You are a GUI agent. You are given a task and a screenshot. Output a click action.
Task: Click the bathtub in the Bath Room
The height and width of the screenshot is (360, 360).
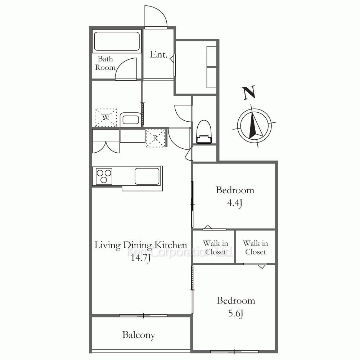click(x=117, y=41)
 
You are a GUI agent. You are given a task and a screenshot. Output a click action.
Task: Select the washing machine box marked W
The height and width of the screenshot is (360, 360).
click(x=106, y=118)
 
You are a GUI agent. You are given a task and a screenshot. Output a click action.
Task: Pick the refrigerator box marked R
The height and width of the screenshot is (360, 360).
click(x=156, y=138)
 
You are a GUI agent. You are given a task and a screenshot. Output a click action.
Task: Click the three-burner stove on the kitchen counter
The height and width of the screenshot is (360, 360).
click(x=104, y=176)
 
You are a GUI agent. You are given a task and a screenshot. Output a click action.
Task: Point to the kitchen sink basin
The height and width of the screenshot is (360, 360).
click(x=147, y=176)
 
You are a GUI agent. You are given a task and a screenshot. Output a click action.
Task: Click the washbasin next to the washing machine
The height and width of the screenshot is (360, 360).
click(x=130, y=120)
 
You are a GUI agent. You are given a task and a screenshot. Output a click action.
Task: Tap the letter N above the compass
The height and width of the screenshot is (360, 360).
click(x=249, y=93)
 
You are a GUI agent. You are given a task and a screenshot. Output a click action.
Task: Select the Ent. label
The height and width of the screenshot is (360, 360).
click(x=159, y=54)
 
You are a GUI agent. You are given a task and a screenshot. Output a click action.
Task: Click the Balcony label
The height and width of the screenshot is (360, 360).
click(x=139, y=335)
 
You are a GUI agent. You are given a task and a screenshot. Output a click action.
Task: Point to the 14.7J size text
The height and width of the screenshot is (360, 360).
click(x=140, y=258)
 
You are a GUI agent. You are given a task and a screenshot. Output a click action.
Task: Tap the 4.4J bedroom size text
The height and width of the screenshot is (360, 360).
click(x=235, y=203)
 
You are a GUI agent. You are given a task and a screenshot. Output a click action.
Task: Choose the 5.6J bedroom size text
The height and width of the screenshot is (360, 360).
click(x=236, y=314)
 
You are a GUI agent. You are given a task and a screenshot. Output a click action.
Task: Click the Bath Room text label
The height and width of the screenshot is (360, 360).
click(x=105, y=63)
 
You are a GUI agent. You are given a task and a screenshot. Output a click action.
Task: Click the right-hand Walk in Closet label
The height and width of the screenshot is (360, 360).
click(x=256, y=248)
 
